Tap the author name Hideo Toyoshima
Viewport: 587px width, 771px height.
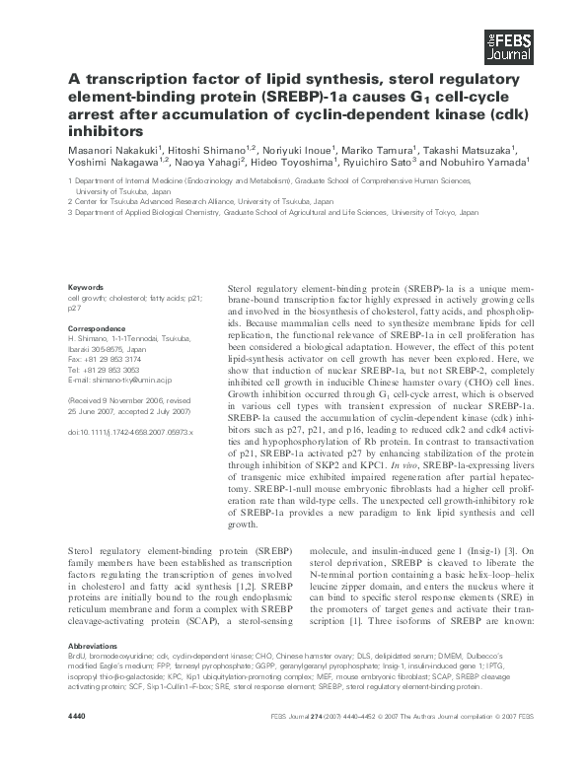point(315,162)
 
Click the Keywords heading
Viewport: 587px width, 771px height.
point(86,286)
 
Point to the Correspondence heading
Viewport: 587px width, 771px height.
point(97,327)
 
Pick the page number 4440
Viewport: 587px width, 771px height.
point(78,741)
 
